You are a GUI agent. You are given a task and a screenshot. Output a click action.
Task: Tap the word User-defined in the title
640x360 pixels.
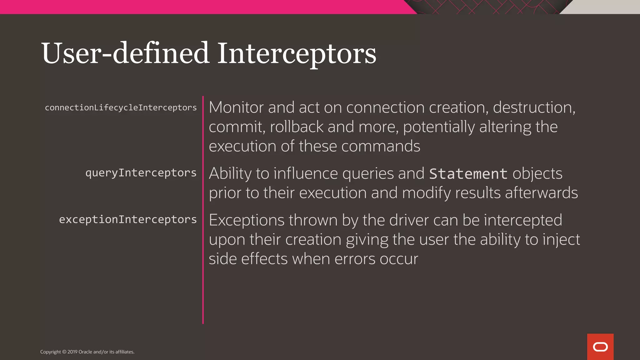pos(125,54)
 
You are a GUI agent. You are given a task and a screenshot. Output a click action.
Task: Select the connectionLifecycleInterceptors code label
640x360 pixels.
pos(121,108)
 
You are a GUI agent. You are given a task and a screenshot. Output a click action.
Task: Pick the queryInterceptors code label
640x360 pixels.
pos(141,173)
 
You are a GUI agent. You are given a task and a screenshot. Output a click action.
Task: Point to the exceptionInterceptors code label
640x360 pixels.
pos(128,219)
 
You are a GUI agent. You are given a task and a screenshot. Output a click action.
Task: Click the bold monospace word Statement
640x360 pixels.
pos(468,174)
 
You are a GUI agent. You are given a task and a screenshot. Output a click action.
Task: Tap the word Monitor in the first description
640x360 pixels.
pos(236,107)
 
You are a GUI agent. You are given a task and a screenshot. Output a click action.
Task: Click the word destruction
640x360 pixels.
pos(534,107)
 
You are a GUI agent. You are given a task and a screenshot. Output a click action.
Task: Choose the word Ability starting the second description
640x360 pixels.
pos(230,174)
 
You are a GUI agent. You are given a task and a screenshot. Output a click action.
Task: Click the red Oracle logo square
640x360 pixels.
pos(600,347)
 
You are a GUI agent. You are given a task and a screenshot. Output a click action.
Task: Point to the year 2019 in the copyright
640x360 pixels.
pos(72,352)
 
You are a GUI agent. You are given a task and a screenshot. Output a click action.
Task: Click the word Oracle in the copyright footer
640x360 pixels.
pos(85,352)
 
